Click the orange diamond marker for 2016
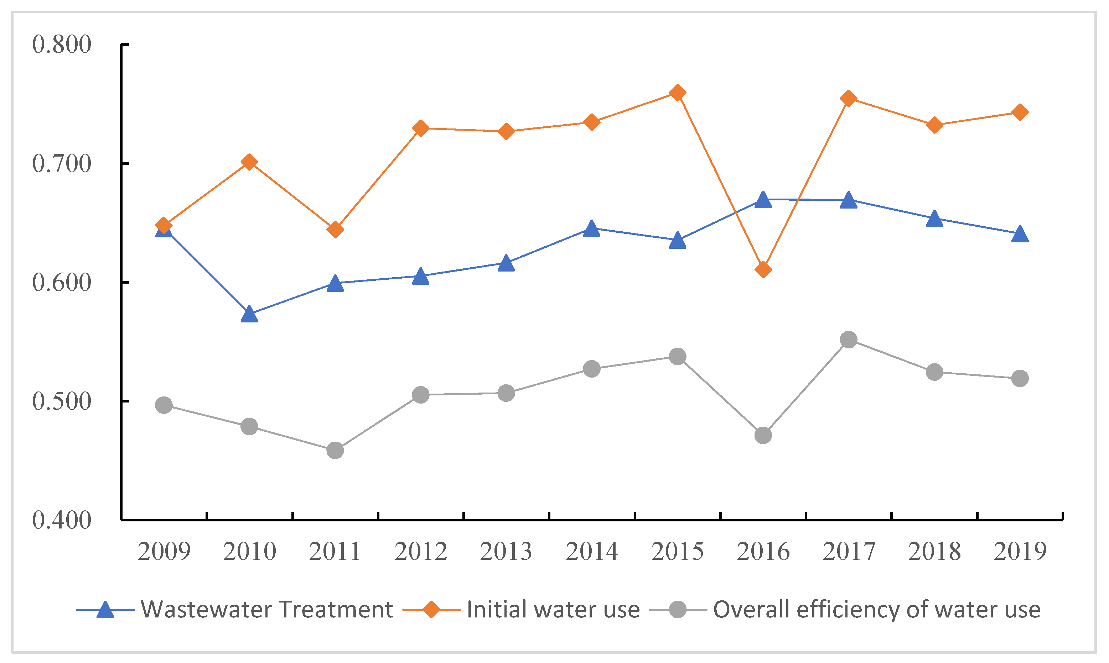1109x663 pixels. (x=763, y=269)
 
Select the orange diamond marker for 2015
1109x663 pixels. (x=678, y=93)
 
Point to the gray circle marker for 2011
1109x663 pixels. (x=335, y=450)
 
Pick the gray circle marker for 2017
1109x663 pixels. (x=848, y=340)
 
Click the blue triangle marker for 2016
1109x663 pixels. (x=763, y=200)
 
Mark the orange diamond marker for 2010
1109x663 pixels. (x=249, y=162)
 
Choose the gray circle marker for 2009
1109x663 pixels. (x=164, y=405)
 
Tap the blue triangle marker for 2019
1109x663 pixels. (x=1020, y=234)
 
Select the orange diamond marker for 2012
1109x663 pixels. (x=420, y=128)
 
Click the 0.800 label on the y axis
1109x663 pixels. (x=62, y=45)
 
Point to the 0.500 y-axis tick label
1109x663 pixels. (x=62, y=401)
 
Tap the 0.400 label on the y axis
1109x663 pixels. (x=62, y=520)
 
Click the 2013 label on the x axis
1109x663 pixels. (x=506, y=551)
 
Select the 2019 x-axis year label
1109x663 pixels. (x=1020, y=551)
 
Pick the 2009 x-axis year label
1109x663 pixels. (x=164, y=551)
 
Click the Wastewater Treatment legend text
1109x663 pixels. (x=267, y=609)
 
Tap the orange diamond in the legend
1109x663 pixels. (x=431, y=609)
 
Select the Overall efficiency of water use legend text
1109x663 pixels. (x=876, y=609)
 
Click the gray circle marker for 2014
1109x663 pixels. (x=592, y=369)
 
